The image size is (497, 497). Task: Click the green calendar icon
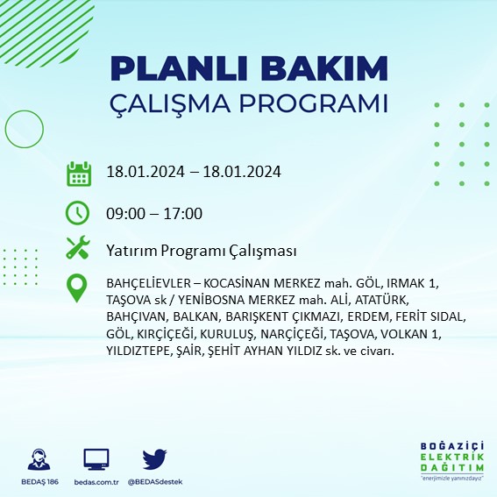coord(79,173)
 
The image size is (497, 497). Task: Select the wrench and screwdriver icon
coord(79,249)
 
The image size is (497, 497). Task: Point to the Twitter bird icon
coord(154,459)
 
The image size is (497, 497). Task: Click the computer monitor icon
coord(96,459)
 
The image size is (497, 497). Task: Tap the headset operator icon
coord(39,459)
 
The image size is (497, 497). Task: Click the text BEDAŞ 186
coord(39,482)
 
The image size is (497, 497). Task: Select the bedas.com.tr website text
coord(96,482)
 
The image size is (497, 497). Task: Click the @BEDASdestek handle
coord(156,482)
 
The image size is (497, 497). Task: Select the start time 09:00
coord(124,213)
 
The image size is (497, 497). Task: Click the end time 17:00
coord(183,213)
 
